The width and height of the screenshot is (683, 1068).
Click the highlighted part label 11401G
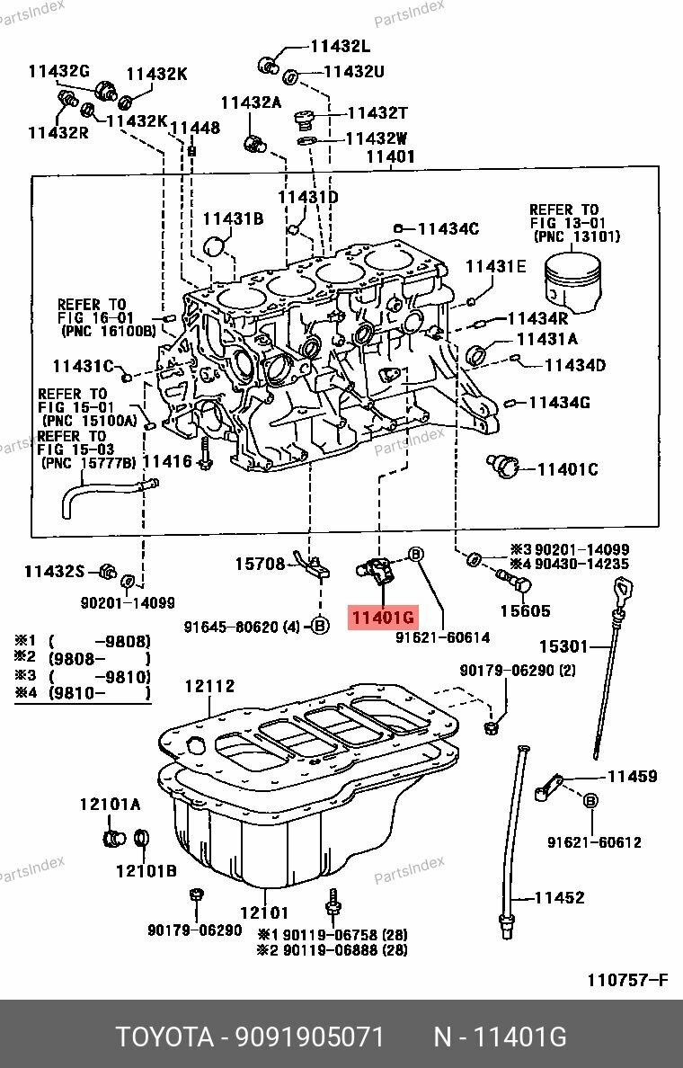pos(384,618)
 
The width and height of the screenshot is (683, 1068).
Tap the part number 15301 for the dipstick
pos(563,645)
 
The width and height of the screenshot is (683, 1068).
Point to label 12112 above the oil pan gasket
pos(209,687)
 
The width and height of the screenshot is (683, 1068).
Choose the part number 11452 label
pos(559,897)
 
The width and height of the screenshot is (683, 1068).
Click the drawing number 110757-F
pos(628,980)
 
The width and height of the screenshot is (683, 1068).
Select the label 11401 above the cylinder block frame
pos(390,156)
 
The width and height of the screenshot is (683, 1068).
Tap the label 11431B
pos(233,218)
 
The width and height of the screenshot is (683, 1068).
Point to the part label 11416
pos(167,462)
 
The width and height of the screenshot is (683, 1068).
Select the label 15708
pos(260,564)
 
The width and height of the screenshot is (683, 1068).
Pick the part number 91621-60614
pos(443,636)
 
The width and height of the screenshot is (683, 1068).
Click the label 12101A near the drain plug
pos(110,805)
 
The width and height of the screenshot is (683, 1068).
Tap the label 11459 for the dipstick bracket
pos(632,776)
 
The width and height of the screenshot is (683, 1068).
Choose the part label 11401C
pos(567,469)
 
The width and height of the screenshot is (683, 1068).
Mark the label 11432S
pos(54,571)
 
